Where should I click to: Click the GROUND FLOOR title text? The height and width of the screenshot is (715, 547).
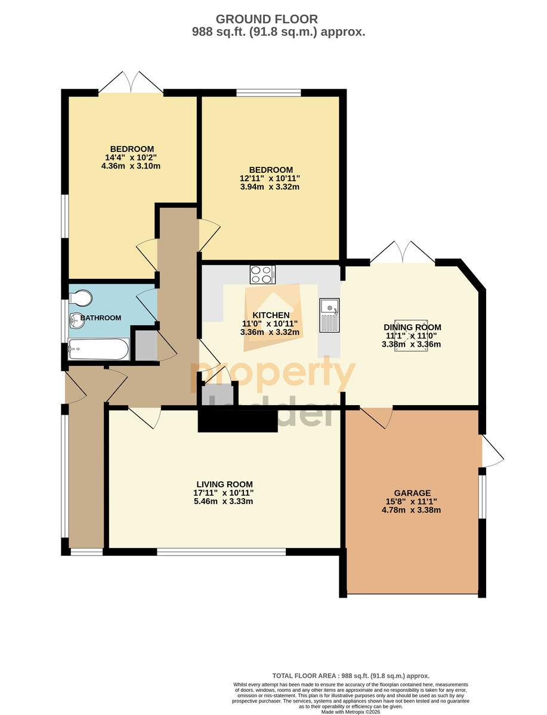point(266,19)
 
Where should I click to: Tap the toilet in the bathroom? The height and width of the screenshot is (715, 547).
point(81,298)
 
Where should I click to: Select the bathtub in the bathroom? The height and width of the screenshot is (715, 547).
point(98,349)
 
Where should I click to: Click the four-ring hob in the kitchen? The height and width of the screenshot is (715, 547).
point(262,274)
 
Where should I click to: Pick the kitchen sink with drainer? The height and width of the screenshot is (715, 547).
point(329,315)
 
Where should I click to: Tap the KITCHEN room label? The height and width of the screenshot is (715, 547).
point(271,315)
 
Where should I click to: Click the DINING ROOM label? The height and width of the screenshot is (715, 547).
point(412,327)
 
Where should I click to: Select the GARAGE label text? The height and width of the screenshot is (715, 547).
point(412,493)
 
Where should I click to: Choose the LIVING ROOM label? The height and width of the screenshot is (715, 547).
point(224,484)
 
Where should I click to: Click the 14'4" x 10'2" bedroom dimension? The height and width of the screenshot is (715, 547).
point(131,157)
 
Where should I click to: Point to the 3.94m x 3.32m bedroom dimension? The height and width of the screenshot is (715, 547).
point(270,186)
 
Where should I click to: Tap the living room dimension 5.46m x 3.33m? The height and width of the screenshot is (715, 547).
point(223,501)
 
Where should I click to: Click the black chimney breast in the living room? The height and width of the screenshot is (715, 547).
point(237,421)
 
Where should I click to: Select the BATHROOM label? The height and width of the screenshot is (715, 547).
point(101,318)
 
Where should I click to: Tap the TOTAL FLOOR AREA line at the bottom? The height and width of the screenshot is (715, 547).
point(351,676)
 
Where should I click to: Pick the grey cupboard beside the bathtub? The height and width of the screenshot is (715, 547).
point(146,346)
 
